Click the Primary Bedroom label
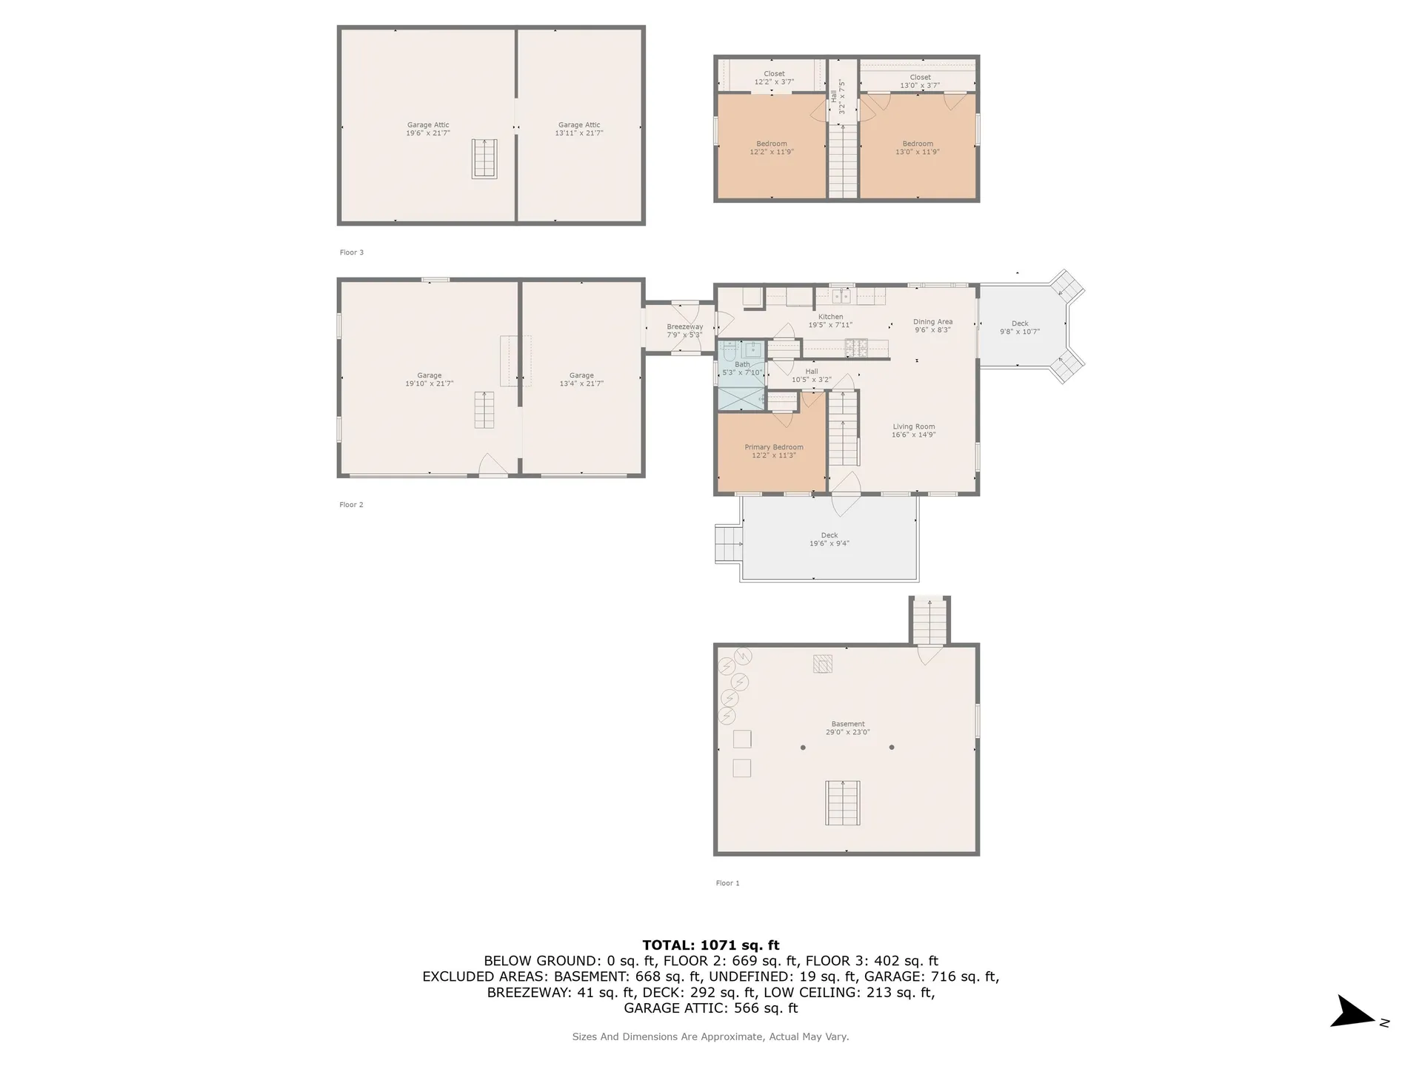pos(773,451)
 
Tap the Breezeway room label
pos(684,331)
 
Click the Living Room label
pos(913,431)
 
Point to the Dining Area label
pos(932,326)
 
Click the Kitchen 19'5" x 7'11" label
pos(830,321)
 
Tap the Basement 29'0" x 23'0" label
pos(847,728)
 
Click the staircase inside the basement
pos(843,802)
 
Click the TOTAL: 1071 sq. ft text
pos(710,945)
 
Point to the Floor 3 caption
pos(351,252)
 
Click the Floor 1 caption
pos(727,883)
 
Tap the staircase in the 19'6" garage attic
pos(484,158)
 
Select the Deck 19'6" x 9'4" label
pos(829,539)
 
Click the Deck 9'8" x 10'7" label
pos(1019,327)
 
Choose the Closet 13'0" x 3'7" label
pos(920,81)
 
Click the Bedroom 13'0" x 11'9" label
pos(917,147)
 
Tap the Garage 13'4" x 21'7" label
pos(581,379)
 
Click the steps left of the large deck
pos(728,543)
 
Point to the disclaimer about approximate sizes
pos(710,1036)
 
